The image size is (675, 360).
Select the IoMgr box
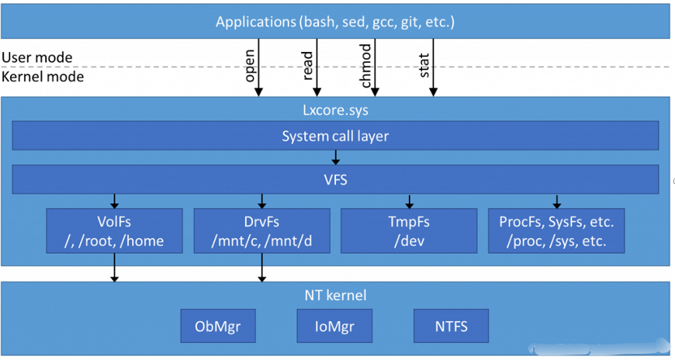334,325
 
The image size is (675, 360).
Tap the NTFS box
452,325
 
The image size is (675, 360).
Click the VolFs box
115,230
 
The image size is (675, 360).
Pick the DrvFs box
261,230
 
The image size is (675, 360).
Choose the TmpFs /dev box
409,230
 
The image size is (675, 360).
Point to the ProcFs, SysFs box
556,230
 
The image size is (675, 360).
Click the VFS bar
335,180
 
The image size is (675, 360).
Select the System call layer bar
335,137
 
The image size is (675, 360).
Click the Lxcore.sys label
335,109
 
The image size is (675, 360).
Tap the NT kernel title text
335,295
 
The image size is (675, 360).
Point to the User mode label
37,57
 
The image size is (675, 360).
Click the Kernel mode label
43,76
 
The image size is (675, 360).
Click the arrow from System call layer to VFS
335,157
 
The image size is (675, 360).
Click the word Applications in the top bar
255,21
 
